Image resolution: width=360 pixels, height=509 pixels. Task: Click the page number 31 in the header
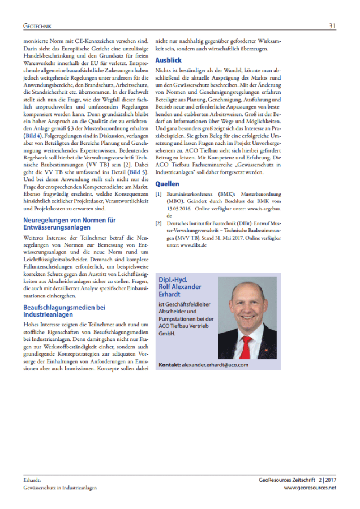(332, 25)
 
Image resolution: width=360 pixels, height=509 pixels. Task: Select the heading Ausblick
(168, 59)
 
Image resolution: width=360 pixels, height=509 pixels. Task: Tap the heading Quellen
(167, 184)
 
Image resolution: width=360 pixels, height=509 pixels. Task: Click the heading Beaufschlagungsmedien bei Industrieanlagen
(65, 310)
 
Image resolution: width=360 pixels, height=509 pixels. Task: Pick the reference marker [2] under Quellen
(159, 225)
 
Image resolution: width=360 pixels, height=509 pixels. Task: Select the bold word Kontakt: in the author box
(170, 365)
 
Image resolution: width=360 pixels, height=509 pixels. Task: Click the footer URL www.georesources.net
(310, 488)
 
